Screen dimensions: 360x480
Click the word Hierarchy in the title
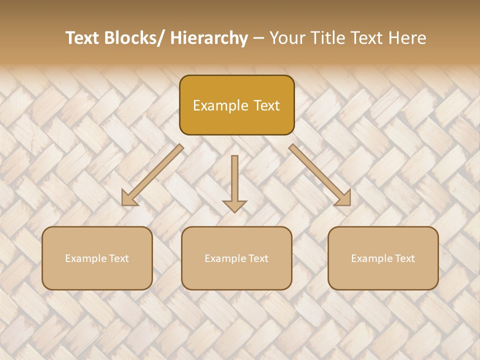click(x=209, y=38)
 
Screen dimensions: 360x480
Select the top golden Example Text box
click(x=236, y=105)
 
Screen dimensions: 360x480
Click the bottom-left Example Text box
click(x=97, y=258)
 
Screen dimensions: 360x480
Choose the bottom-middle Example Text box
click(x=236, y=258)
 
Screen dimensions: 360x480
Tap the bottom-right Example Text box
click(x=383, y=258)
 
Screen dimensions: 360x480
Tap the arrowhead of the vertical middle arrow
click(x=234, y=205)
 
